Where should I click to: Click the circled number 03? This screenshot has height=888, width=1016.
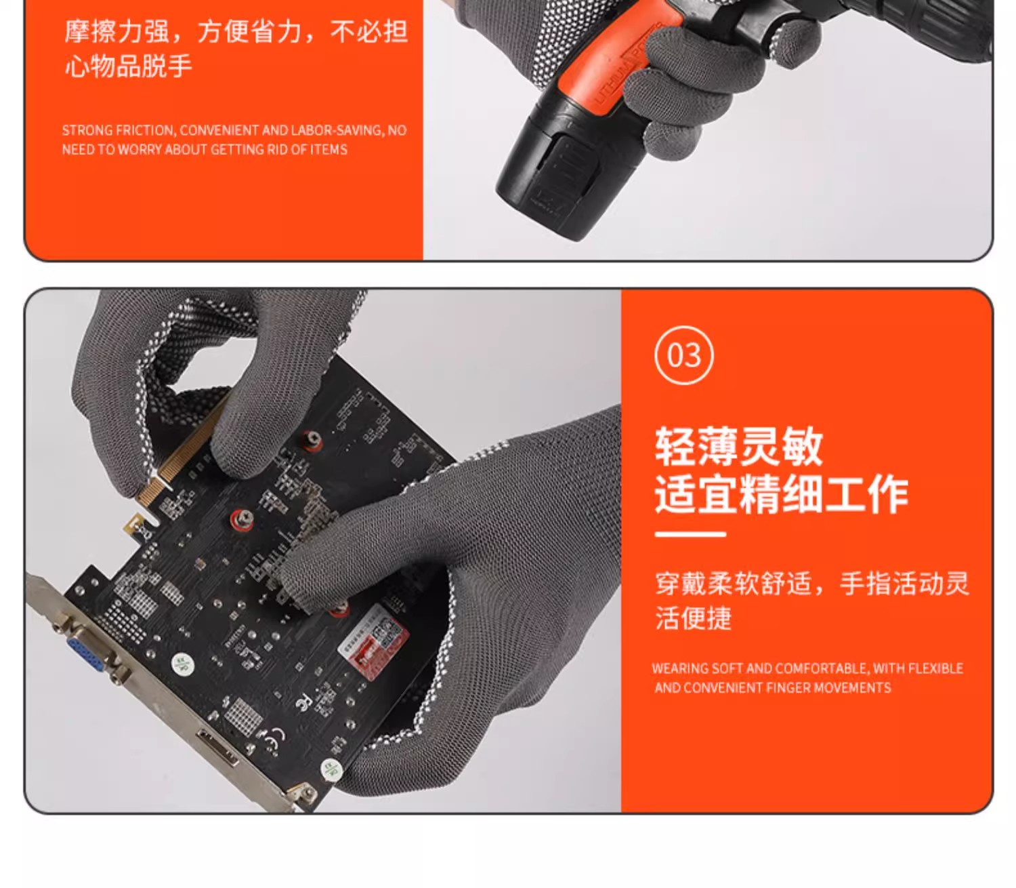click(684, 355)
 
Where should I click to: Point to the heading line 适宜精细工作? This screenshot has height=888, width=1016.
click(781, 493)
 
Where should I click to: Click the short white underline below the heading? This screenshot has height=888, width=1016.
click(690, 534)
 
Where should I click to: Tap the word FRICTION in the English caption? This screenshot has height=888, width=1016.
click(145, 130)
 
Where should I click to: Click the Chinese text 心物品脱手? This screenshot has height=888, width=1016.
click(128, 65)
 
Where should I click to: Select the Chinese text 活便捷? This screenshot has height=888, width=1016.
click(693, 618)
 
